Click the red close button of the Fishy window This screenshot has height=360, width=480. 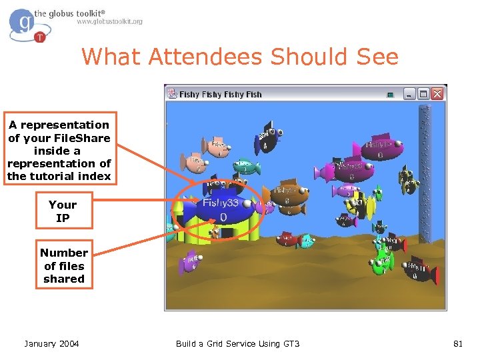437,94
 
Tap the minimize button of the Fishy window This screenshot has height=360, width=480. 409,94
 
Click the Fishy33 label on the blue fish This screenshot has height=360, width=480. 221,203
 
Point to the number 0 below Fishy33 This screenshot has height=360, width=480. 223,217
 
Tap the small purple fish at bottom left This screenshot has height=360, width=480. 191,261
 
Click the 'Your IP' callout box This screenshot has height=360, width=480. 63,211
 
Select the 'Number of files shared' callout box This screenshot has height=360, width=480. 64,265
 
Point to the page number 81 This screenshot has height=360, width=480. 457,343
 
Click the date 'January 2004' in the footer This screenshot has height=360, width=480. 51,343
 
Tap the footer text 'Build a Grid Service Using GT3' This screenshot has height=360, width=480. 237,343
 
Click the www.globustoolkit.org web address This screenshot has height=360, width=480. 110,22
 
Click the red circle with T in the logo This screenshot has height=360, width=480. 40,37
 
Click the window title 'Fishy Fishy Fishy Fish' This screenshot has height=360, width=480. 220,95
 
